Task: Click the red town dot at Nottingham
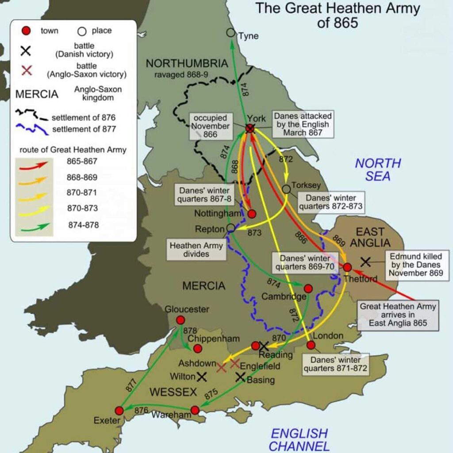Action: point(252,214)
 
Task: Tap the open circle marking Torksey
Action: point(286,189)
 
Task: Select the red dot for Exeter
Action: point(119,411)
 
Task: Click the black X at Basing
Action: point(240,377)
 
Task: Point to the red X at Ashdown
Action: point(222,367)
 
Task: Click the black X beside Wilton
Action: point(202,376)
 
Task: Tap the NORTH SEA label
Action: point(378,169)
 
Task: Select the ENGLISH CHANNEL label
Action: point(299,439)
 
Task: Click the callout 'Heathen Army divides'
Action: point(196,250)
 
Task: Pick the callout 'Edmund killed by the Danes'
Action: point(415,265)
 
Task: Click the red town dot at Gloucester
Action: point(180,320)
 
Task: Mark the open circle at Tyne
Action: point(230,33)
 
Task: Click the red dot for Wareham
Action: point(195,410)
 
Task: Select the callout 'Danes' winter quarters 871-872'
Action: point(335,364)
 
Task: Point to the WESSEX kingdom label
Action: point(173,392)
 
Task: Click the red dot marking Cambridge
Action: point(308,288)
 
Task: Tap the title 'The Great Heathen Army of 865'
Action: point(338,15)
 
